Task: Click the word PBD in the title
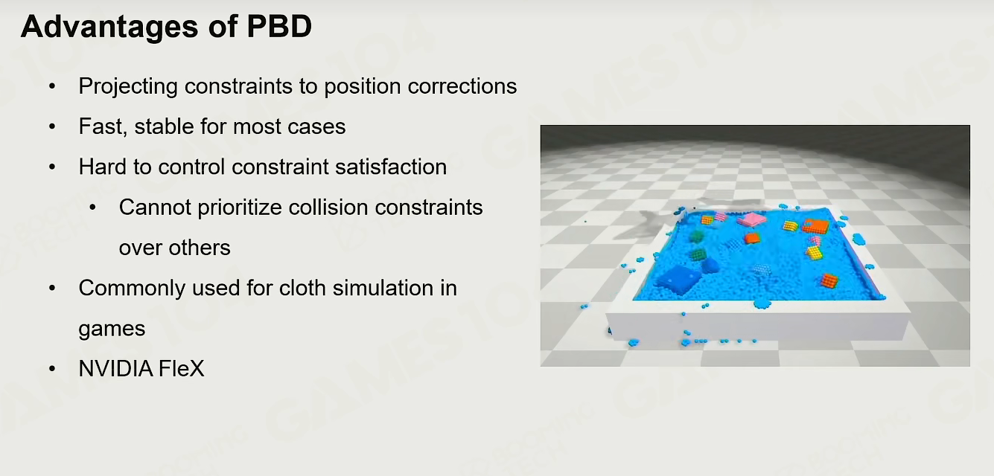click(x=279, y=26)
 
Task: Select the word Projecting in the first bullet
click(x=128, y=87)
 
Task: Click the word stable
click(x=164, y=126)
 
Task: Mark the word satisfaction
click(x=390, y=167)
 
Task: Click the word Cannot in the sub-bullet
click(x=155, y=208)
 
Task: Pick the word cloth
click(x=302, y=288)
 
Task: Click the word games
click(x=112, y=329)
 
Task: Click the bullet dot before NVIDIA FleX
click(x=52, y=369)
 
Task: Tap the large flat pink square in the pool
click(x=752, y=219)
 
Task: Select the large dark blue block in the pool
click(x=677, y=280)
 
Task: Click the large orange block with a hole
click(x=815, y=227)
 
